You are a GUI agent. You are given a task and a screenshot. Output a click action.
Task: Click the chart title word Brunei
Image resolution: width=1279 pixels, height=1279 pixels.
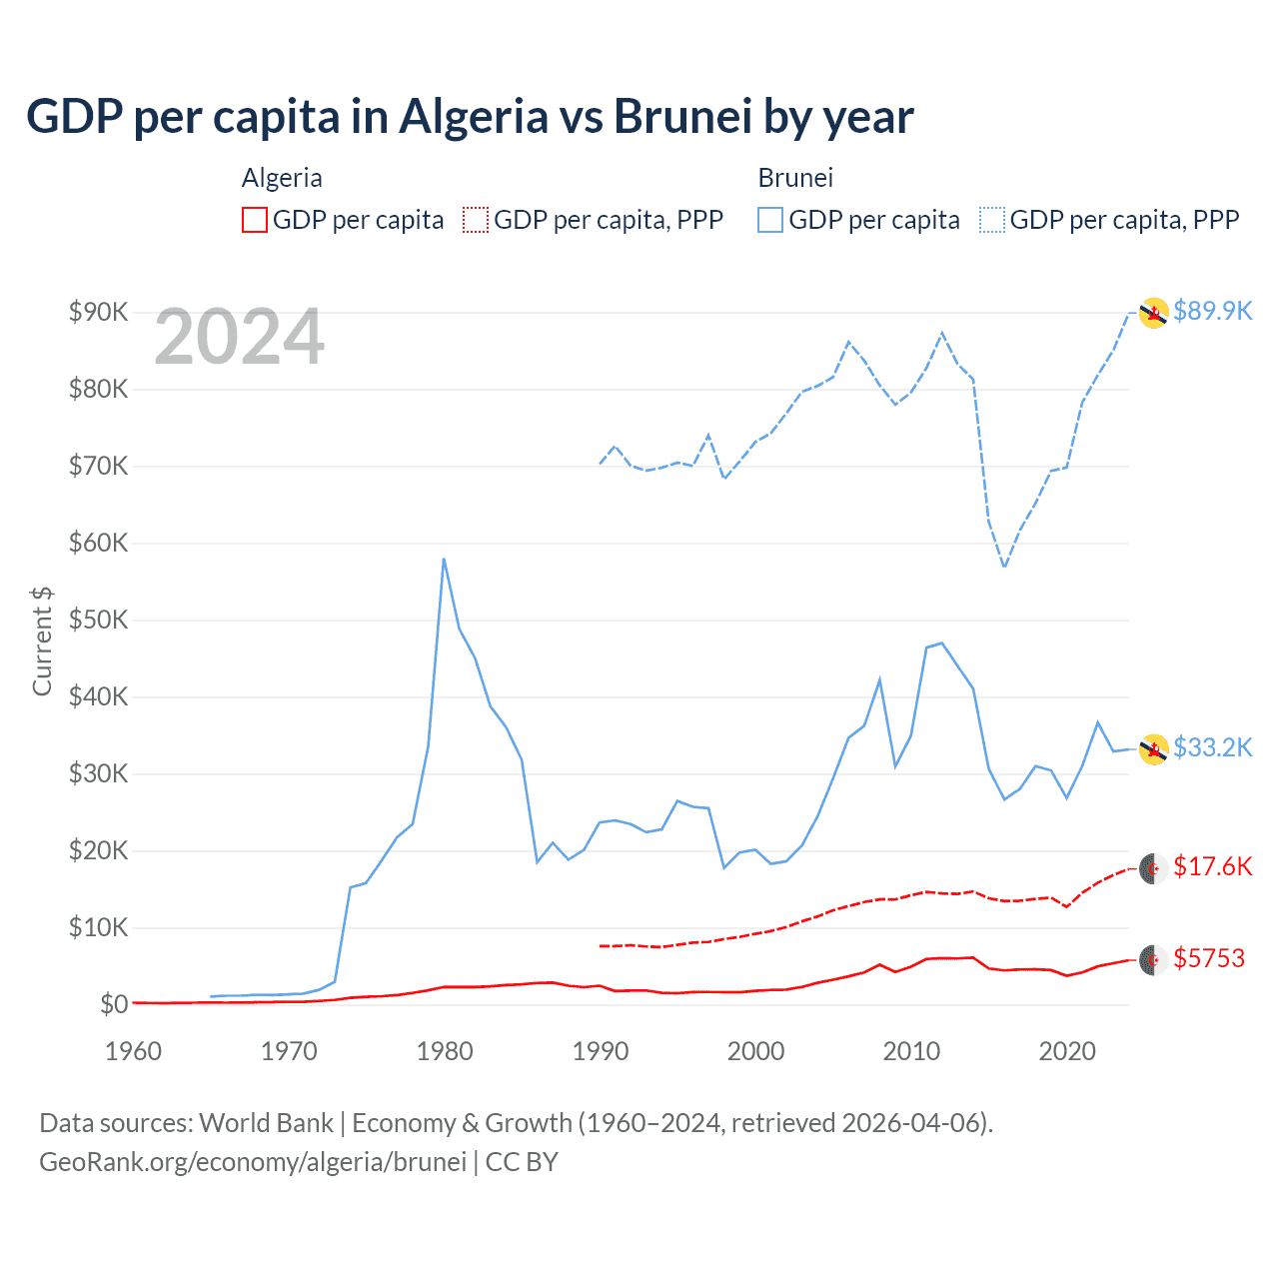pyautogui.click(x=681, y=116)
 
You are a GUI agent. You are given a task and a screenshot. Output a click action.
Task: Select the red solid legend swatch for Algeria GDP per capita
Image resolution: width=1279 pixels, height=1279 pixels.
pyautogui.click(x=255, y=220)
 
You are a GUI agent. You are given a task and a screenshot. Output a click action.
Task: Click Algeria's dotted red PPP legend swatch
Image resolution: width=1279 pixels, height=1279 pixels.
pyautogui.click(x=476, y=220)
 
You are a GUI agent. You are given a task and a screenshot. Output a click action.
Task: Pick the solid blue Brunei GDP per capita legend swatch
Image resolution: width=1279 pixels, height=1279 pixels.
pyautogui.click(x=770, y=220)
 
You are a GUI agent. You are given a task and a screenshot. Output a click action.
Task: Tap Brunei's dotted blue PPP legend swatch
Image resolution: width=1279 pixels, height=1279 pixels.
pyautogui.click(x=992, y=220)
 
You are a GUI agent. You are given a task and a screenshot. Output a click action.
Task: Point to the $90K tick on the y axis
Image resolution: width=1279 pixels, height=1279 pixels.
pyautogui.click(x=98, y=312)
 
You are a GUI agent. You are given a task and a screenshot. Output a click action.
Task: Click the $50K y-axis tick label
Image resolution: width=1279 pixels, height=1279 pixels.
pyautogui.click(x=98, y=620)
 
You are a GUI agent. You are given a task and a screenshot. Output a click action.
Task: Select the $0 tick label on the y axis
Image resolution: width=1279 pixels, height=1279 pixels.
pyautogui.click(x=113, y=1004)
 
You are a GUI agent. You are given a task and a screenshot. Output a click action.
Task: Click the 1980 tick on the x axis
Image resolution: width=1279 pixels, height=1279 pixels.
pyautogui.click(x=445, y=1051)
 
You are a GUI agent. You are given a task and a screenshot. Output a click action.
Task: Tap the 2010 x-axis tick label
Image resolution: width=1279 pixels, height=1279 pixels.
pyautogui.click(x=911, y=1051)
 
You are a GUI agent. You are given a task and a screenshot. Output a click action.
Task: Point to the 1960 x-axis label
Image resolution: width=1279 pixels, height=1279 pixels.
pyautogui.click(x=133, y=1051)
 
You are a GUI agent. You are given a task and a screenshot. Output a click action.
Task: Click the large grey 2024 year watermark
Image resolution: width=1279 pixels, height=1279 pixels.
pyautogui.click(x=239, y=338)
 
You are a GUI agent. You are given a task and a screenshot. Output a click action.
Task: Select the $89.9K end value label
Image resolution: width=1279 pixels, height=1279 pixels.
pyautogui.click(x=1212, y=311)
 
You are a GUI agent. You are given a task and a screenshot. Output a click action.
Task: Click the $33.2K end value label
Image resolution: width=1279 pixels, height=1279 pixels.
pyautogui.click(x=1212, y=747)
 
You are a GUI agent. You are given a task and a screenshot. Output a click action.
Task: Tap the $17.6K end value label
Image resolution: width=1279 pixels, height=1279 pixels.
pyautogui.click(x=1212, y=866)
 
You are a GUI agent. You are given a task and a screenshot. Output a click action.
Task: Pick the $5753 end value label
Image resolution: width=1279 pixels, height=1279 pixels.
pyautogui.click(x=1209, y=958)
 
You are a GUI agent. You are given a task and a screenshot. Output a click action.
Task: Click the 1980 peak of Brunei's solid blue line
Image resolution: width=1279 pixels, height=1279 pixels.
pyautogui.click(x=444, y=559)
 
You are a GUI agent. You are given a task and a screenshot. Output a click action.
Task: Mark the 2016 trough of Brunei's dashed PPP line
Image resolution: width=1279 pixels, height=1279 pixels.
pyautogui.click(x=1004, y=567)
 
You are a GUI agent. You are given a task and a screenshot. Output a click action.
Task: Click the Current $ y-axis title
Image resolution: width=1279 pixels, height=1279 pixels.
pyautogui.click(x=42, y=641)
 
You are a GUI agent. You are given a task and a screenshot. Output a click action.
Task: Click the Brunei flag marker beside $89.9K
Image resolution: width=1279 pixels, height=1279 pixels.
pyautogui.click(x=1154, y=313)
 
